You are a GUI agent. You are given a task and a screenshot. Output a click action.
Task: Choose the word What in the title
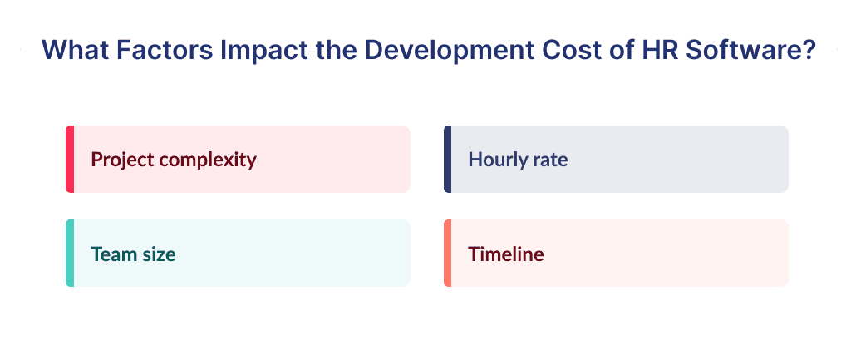68,50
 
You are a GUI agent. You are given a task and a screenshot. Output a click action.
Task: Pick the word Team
114,254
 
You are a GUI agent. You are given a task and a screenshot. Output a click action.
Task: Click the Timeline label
506,254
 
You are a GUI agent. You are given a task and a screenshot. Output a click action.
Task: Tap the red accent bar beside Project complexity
70,159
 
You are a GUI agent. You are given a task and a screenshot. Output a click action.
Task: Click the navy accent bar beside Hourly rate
448,159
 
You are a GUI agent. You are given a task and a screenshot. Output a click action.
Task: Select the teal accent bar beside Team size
70,254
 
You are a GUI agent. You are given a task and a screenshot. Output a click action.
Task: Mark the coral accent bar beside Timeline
448,254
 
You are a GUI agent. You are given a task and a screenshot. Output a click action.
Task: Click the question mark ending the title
805,50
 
